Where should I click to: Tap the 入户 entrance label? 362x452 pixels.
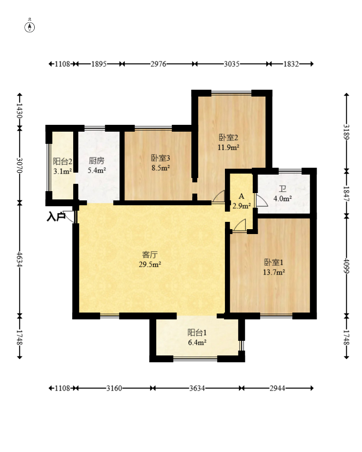pos(56,216)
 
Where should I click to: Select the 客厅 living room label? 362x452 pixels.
pos(150,255)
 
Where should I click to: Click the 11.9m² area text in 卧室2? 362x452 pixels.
pos(228,147)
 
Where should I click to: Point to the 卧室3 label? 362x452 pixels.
pos(161,158)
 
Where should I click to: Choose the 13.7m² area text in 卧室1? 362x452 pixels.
pos(274,272)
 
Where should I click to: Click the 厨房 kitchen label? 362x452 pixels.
pos(96,160)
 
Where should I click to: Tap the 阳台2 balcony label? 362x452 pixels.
pos(62,161)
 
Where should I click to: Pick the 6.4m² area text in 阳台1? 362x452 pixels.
pos(197,342)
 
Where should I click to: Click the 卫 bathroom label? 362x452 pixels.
pos(282,189)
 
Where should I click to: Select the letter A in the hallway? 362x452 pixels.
pos(241,197)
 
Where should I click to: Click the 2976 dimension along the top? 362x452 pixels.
pos(159,64)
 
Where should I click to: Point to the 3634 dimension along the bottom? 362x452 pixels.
pos(197,388)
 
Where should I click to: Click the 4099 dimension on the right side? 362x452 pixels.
pos(346,266)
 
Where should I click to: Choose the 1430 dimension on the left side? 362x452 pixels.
pos(20,111)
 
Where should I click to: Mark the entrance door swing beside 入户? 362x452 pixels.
pos(69,217)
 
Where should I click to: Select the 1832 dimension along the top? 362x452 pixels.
pos(291,64)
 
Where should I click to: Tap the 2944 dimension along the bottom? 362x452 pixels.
pos(277,388)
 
